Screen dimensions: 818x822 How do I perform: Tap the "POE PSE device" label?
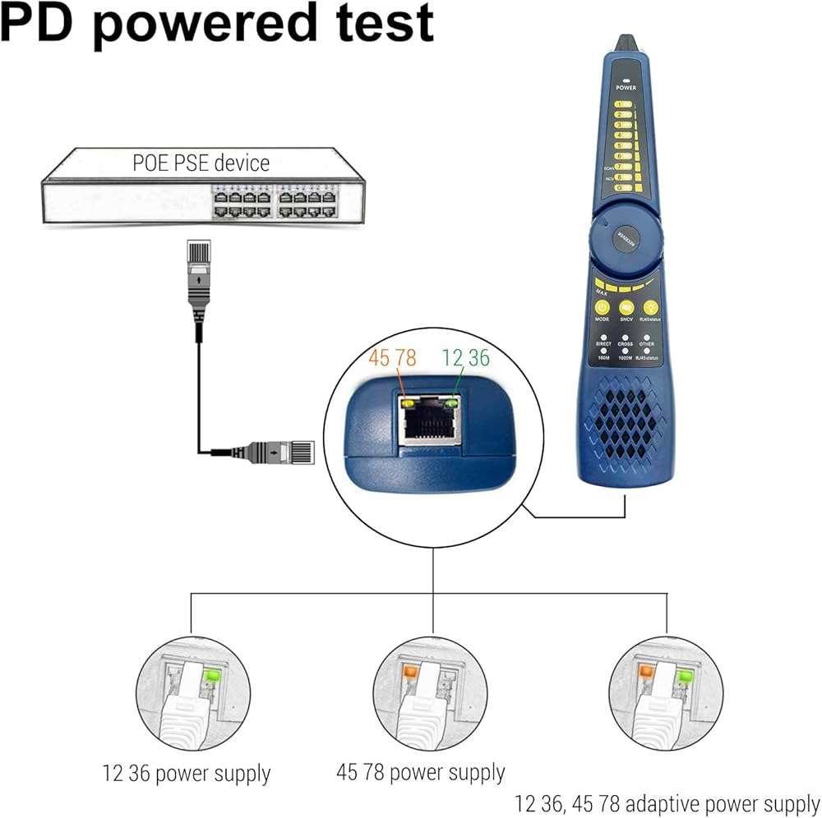[x=201, y=162]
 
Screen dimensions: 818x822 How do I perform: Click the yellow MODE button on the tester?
[x=602, y=307]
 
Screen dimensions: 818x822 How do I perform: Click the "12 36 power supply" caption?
[x=187, y=773]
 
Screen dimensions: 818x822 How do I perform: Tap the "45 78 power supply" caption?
[x=420, y=772]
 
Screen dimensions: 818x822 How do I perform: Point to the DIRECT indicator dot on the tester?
[x=603, y=337]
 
